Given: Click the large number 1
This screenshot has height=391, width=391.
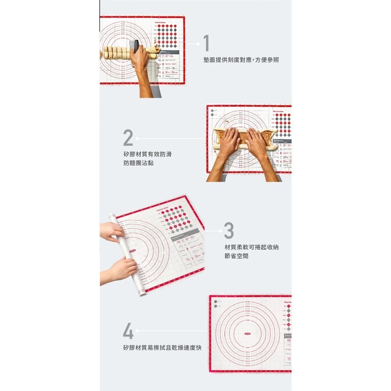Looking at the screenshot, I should click(x=206, y=43).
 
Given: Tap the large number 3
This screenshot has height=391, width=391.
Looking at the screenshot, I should click(x=229, y=231).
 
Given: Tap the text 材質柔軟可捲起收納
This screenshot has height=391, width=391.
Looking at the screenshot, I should click(x=252, y=248).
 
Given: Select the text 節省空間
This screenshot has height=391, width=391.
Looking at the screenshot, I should click(x=236, y=256).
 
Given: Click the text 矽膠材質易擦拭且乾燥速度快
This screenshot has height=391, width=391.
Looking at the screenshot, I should click(x=162, y=348).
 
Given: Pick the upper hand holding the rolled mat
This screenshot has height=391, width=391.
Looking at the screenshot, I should click(x=113, y=231).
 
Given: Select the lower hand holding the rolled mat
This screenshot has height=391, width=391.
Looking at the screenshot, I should click(x=122, y=270).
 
